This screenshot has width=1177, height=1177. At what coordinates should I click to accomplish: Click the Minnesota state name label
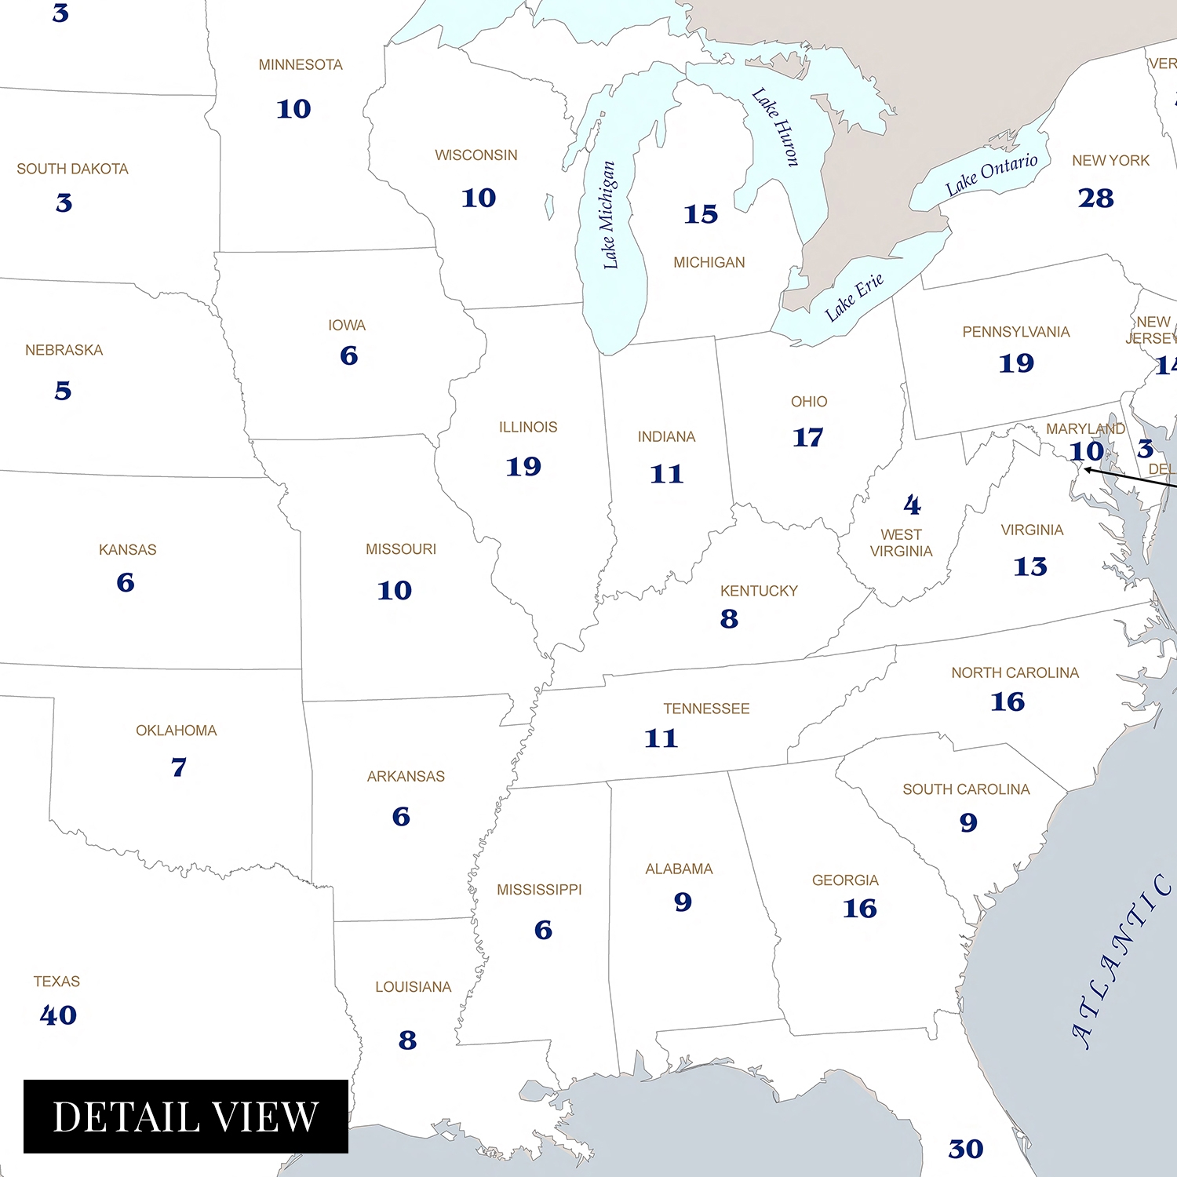(301, 65)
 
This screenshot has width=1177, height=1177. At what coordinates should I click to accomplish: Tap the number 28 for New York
(1095, 198)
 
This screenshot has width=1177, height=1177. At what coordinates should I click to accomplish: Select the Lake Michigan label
(609, 215)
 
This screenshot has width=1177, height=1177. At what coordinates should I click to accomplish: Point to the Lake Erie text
(854, 297)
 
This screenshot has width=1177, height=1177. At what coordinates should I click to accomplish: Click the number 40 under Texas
(58, 1015)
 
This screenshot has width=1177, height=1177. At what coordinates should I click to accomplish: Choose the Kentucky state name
(759, 591)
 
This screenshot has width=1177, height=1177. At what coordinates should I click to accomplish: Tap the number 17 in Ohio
(807, 437)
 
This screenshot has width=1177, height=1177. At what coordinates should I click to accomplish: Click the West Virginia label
(901, 543)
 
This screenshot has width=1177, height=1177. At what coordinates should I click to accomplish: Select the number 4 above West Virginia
(912, 505)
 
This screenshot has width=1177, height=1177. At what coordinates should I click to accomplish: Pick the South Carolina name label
(966, 789)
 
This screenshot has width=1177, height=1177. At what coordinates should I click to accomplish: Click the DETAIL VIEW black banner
(186, 1117)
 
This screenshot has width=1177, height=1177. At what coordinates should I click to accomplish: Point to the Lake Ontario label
(991, 174)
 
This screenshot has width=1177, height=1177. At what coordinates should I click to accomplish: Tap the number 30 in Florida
(965, 1149)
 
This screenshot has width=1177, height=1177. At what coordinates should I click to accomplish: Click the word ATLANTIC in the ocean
(1121, 961)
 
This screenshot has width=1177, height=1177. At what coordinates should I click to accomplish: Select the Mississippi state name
(539, 890)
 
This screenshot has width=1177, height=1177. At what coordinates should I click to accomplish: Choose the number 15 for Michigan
(701, 214)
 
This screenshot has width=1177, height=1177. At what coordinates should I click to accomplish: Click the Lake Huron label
(776, 127)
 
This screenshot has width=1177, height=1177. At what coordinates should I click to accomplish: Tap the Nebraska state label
(64, 350)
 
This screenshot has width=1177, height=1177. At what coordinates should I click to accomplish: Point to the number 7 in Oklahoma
(179, 767)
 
